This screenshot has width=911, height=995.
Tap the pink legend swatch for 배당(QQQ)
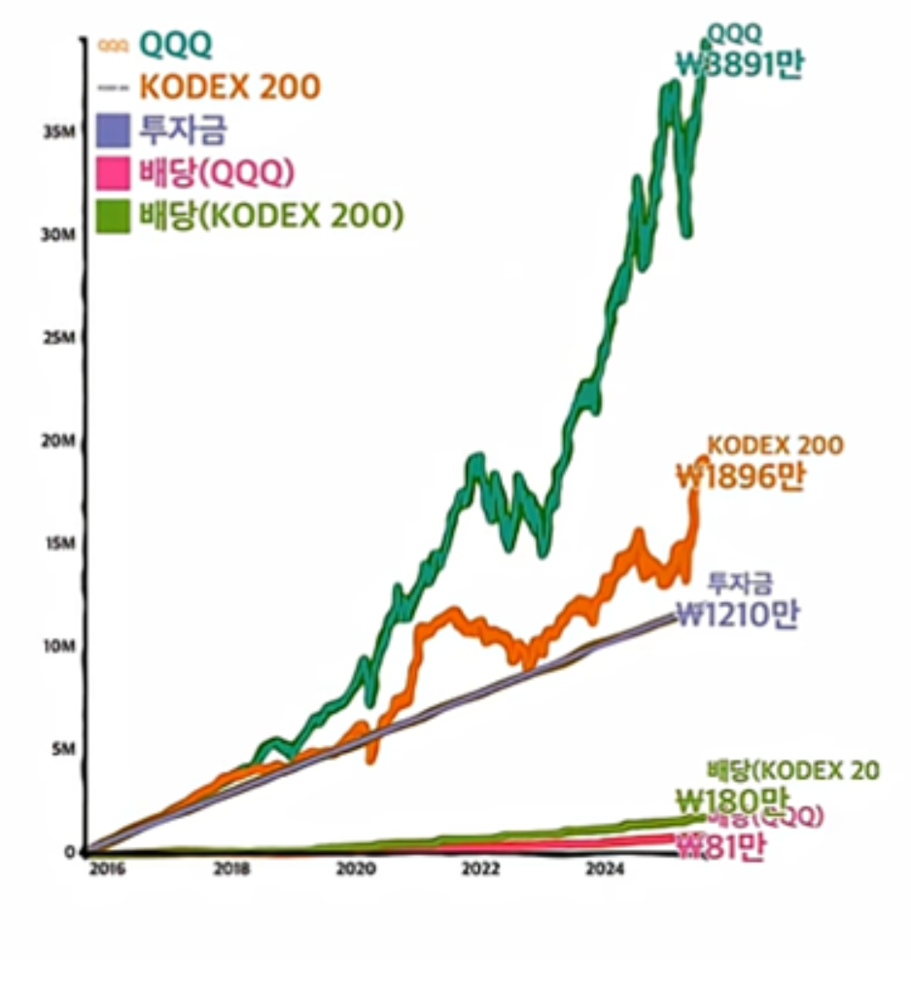click(x=114, y=173)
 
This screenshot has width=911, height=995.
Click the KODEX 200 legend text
click(x=229, y=87)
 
